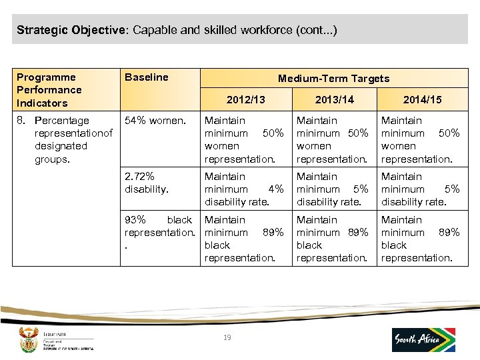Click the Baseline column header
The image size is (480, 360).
147,77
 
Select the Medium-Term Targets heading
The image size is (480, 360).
333,79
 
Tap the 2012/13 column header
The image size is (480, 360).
246,99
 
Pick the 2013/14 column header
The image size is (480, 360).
335,99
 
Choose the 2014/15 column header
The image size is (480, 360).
422,99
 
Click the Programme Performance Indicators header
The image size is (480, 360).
49,90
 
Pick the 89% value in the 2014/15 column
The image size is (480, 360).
449,233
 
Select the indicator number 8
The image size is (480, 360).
21,121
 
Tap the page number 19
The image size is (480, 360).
227,338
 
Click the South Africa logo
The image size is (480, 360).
423,339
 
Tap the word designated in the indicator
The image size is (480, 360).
61,146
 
